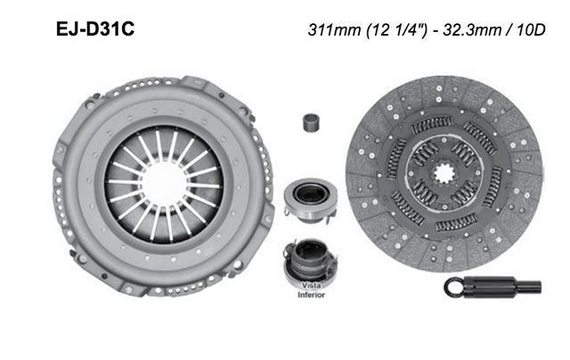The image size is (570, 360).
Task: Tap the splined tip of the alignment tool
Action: (531, 287)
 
